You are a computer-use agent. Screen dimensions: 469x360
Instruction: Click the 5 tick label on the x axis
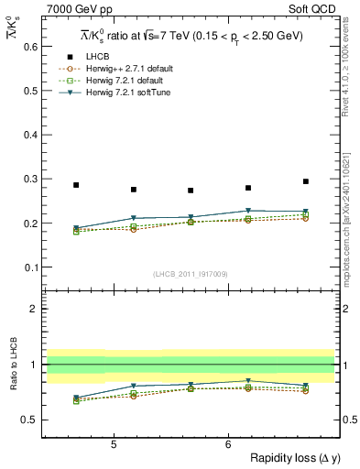(x=113, y=443)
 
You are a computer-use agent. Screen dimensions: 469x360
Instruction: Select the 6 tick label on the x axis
(x=227, y=443)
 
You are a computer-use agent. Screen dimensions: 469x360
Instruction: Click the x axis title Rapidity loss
(x=292, y=458)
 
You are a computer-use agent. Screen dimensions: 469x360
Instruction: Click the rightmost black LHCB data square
(x=306, y=181)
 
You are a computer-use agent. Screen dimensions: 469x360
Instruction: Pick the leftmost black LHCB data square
(x=76, y=185)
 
